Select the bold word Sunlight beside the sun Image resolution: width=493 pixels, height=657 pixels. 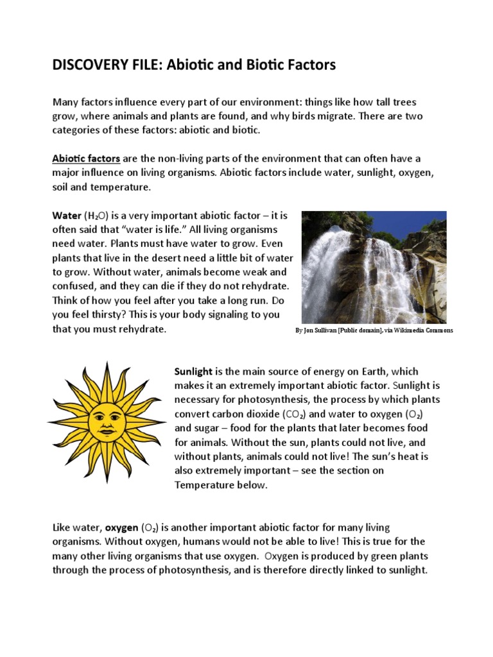pyautogui.click(x=195, y=371)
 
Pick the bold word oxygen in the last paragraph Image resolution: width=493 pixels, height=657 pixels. pyautogui.click(x=121, y=527)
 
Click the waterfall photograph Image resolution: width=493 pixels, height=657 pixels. pyautogui.click(x=374, y=267)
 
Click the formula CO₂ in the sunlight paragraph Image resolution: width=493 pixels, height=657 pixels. pyautogui.click(x=294, y=414)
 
